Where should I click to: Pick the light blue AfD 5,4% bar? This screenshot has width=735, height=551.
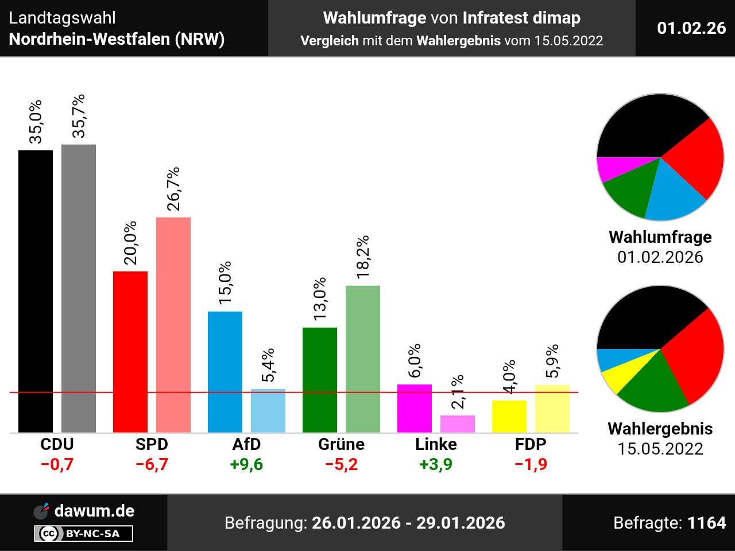click(x=268, y=411)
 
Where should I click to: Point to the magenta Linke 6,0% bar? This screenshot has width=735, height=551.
click(x=415, y=408)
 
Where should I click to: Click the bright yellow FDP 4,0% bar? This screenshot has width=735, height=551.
click(x=509, y=416)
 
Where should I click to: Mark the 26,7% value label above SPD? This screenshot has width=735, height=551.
click(x=173, y=189)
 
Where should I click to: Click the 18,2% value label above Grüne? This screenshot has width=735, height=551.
click(x=363, y=257)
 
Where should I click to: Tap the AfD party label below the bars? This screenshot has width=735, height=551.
click(x=246, y=444)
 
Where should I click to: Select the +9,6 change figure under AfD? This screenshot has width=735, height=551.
click(x=246, y=464)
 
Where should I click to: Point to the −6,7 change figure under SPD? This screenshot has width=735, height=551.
click(x=152, y=464)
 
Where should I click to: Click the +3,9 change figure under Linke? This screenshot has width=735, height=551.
click(x=436, y=464)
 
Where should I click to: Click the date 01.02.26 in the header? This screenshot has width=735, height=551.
click(x=691, y=28)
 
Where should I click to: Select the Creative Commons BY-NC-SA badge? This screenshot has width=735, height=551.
click(x=83, y=534)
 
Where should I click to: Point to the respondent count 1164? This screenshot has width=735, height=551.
click(x=706, y=523)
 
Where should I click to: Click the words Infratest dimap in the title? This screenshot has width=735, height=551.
click(x=521, y=18)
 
